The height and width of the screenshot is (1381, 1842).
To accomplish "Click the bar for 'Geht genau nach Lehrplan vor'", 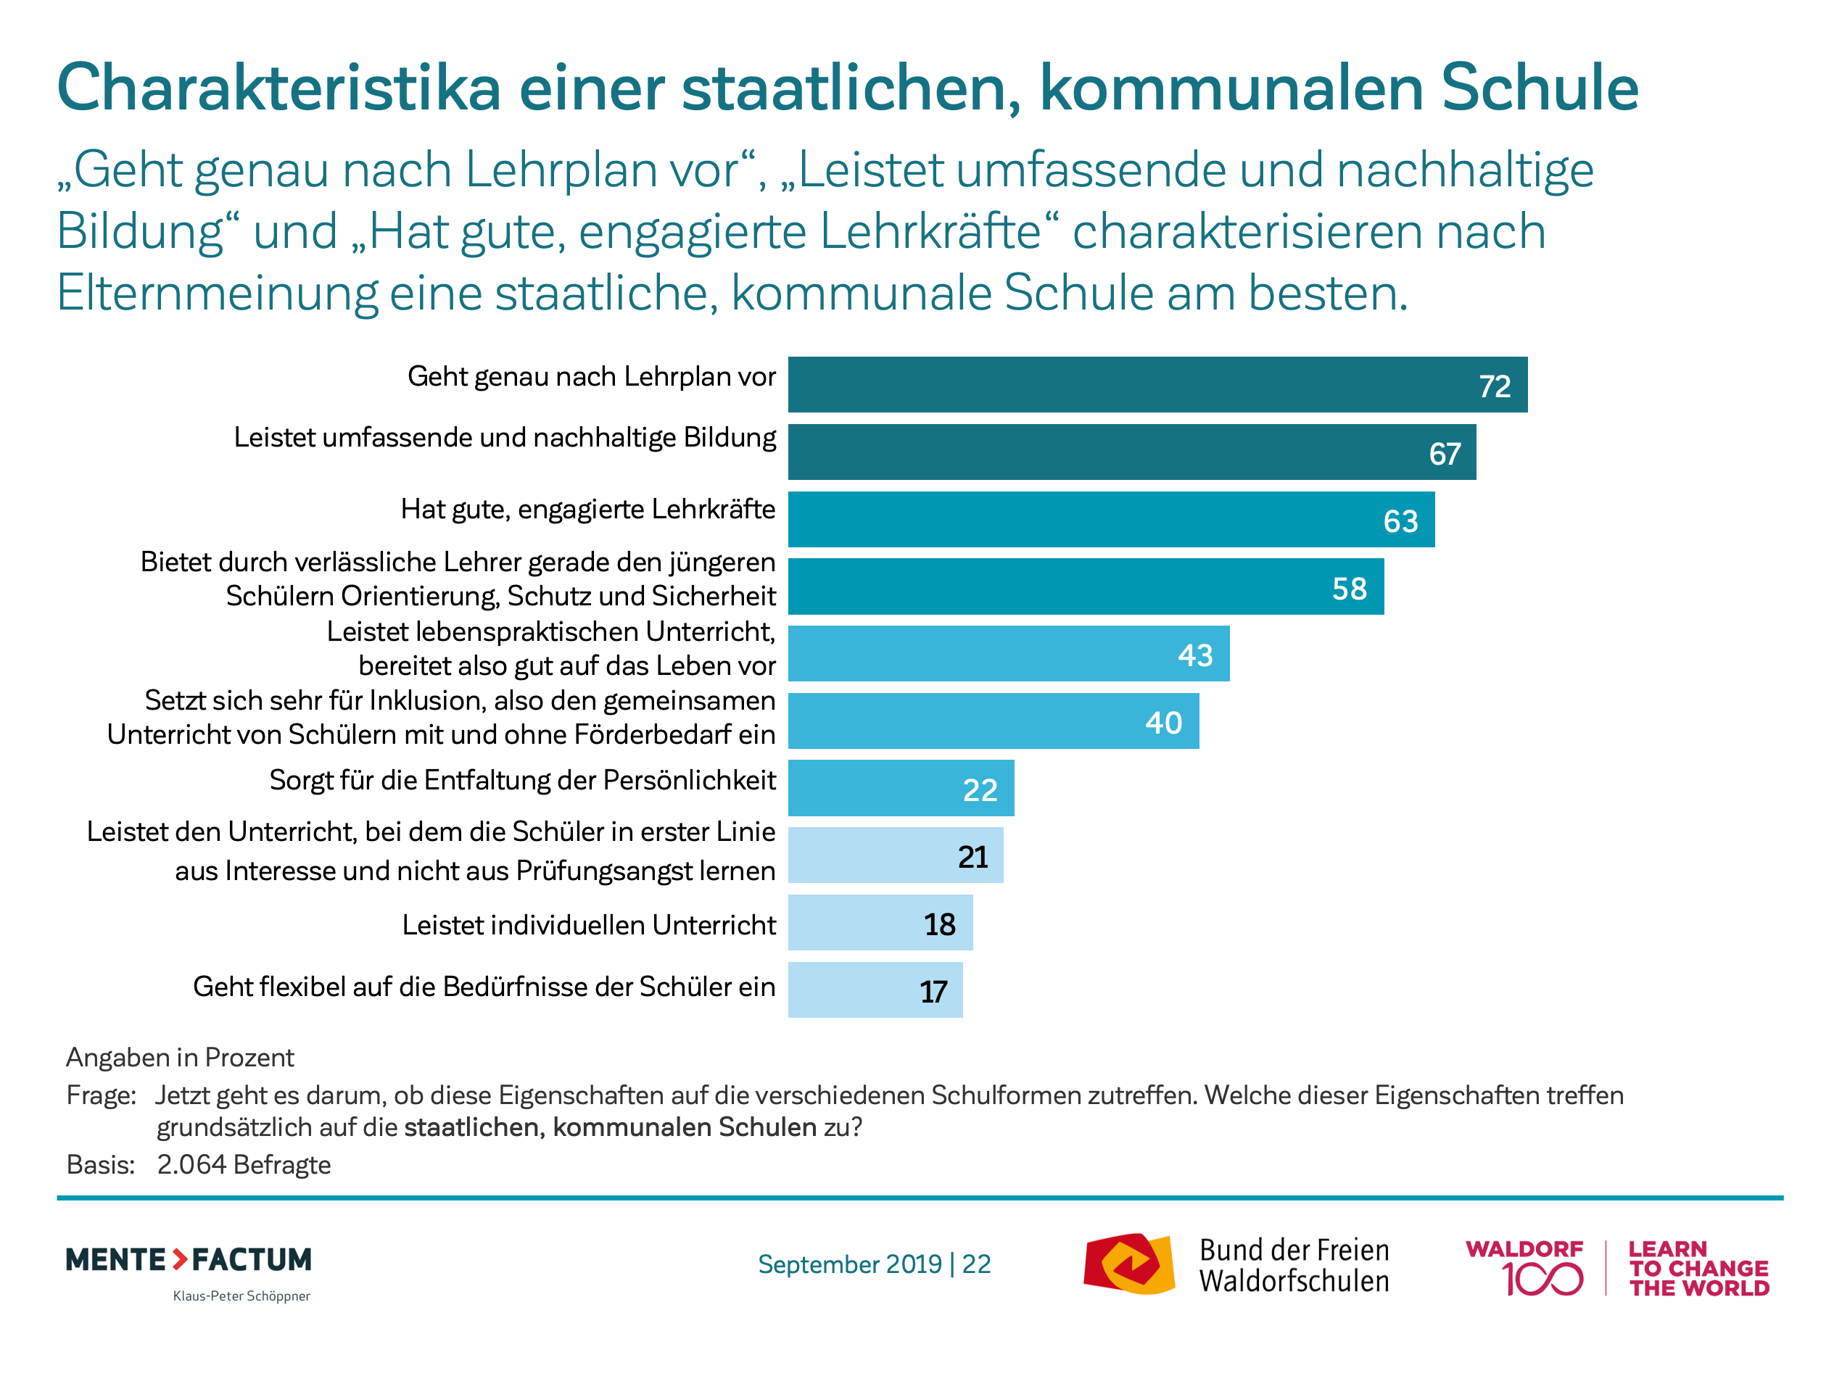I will coord(1157,385).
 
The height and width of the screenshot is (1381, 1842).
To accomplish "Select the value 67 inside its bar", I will coord(1445,454).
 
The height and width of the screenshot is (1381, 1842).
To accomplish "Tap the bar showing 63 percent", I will coord(1111,520).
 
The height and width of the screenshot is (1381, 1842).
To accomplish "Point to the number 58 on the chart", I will coord(1349,589).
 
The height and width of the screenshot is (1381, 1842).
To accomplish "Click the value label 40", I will coord(1163,723).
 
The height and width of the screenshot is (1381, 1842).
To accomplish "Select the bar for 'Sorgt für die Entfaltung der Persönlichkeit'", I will coord(901,788).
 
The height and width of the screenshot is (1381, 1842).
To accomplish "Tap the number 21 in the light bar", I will coord(972,857).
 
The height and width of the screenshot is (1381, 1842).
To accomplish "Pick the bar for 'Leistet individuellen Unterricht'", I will coord(880,923).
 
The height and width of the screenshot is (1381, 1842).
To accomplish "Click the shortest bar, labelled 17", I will coord(875,990).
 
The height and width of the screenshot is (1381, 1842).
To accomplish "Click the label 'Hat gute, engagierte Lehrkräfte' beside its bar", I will coord(588,509).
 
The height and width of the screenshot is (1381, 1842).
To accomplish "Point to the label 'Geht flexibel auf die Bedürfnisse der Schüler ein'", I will coord(484,987).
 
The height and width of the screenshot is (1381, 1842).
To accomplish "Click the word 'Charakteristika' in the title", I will coord(279,88).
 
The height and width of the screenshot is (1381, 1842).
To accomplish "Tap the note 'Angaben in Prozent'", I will coord(180,1057).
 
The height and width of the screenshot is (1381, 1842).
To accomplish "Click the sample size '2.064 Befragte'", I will coord(243,1164).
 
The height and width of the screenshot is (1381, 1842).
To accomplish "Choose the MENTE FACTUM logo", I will coord(189,1260).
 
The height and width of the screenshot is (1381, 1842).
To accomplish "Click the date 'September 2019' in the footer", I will coord(849,1264).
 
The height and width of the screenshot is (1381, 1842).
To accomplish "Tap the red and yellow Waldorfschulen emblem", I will coord(1129,1264).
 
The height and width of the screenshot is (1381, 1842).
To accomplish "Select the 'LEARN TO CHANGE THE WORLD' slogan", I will coord(1698,1269).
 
